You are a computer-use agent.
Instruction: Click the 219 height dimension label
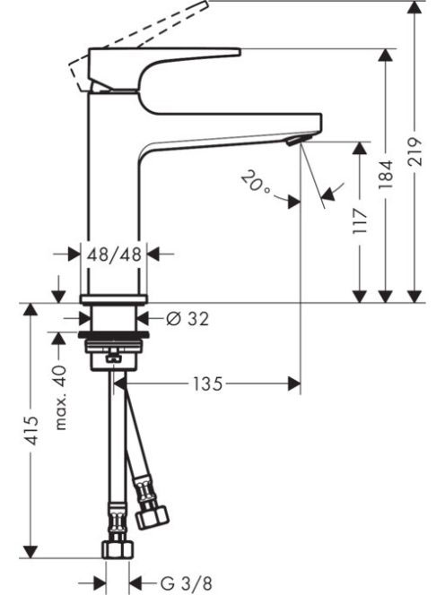[x=414, y=151]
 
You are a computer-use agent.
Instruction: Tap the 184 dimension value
[x=386, y=176]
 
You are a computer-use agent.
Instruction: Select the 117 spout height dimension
[x=360, y=220]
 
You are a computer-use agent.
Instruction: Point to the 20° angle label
[x=256, y=182]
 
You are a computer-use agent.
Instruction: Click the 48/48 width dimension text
[x=114, y=254]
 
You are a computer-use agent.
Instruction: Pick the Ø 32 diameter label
[x=188, y=319]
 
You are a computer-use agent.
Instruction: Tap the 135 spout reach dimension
[x=207, y=384]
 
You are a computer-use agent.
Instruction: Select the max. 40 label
[x=60, y=398]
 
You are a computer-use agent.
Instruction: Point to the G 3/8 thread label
[x=187, y=583]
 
